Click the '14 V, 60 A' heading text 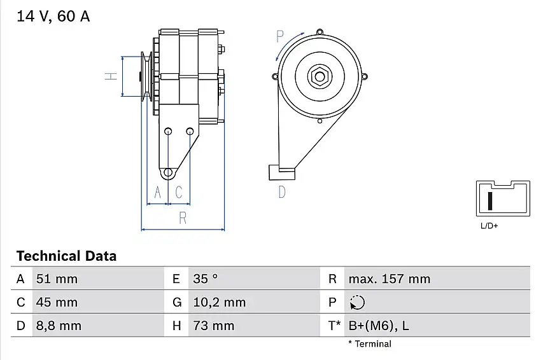point(53,16)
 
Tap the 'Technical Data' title point(67,256)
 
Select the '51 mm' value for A point(57,279)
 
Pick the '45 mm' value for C point(57,302)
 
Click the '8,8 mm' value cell point(59,326)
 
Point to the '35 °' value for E point(206,279)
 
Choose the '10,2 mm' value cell point(220,302)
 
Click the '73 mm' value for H point(214,326)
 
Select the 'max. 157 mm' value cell point(390,279)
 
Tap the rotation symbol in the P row point(357,302)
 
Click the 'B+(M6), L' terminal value point(379,326)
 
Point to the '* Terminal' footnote point(370,344)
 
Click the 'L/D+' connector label point(489,226)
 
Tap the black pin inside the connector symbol point(490,201)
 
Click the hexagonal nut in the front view point(320,76)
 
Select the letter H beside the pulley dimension point(111,76)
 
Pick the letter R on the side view point(183,218)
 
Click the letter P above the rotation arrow point(280,36)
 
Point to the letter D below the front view point(282,192)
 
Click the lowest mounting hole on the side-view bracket point(168,172)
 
